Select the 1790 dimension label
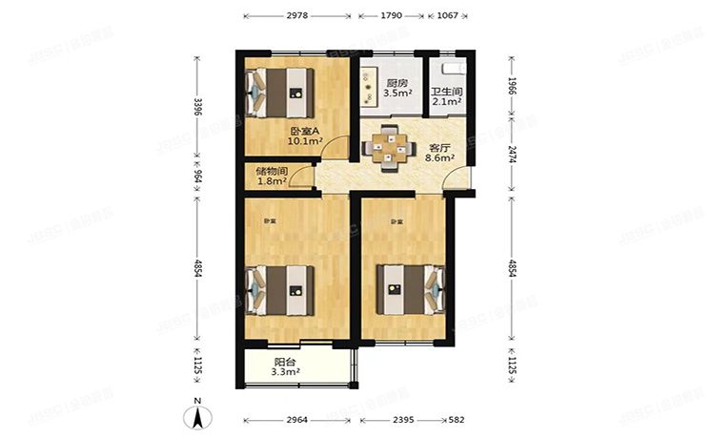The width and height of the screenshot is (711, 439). pos(391,16)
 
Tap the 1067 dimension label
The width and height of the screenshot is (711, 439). pos(448,16)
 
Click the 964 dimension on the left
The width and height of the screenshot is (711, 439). pos(197,176)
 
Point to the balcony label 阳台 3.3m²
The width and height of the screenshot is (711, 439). pos(287,367)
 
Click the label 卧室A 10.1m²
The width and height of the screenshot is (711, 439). pos(306,136)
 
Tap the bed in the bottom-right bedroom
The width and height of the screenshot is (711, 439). pos(410,288)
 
